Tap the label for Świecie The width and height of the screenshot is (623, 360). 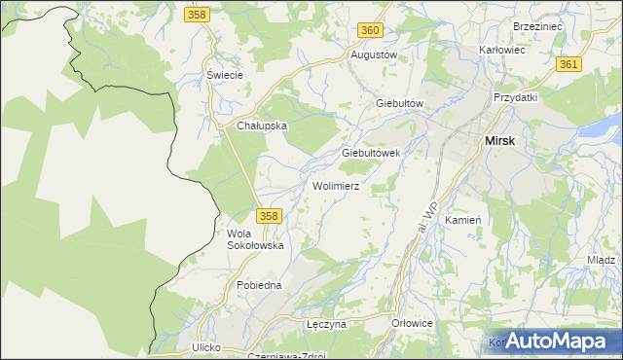(224, 75)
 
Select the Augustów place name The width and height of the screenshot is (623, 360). (374, 55)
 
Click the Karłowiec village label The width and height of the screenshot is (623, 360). (502, 49)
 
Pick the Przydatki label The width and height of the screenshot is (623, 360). (516, 98)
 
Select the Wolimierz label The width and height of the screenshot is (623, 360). (337, 185)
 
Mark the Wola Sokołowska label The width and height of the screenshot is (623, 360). (255, 239)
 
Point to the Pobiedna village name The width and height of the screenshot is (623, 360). (259, 285)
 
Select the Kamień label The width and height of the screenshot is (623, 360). (462, 221)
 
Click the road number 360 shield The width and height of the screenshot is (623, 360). (369, 30)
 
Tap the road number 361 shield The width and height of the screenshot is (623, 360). (569, 64)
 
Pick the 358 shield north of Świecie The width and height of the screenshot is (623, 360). (198, 16)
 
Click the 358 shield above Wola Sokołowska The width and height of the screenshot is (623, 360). (270, 215)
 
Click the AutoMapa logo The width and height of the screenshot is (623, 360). (556, 342)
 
